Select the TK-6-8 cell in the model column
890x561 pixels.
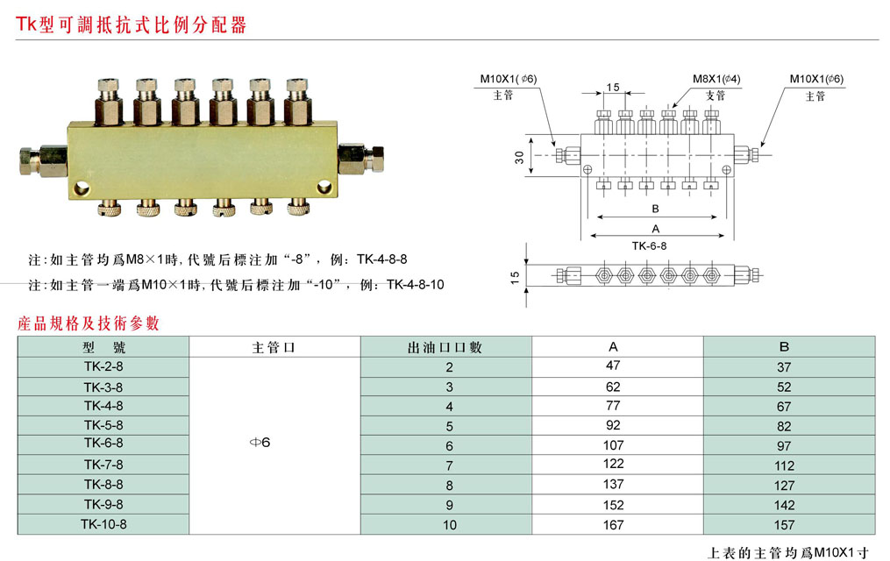click(x=103, y=444)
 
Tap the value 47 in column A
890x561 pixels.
click(x=613, y=365)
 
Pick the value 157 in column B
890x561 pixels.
click(x=784, y=525)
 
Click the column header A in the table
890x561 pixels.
click(x=614, y=346)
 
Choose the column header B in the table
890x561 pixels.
click(x=784, y=346)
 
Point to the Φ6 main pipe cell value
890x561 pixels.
click(x=260, y=443)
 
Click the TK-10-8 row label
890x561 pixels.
click(x=103, y=524)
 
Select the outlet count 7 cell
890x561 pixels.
click(x=450, y=465)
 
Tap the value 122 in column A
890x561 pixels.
click(x=613, y=465)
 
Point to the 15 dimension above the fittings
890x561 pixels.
click(x=613, y=88)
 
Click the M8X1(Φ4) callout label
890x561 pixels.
click(x=716, y=79)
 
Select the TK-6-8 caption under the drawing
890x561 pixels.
click(x=649, y=246)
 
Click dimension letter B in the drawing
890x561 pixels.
click(x=655, y=209)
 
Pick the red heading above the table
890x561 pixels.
click(x=89, y=323)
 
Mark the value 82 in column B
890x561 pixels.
click(x=784, y=426)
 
